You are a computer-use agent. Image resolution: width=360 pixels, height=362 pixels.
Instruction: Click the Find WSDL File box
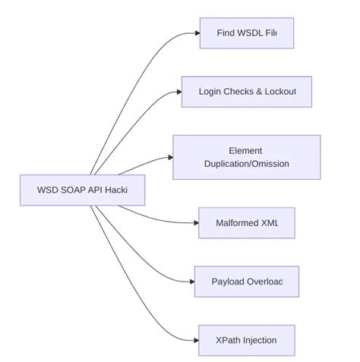point(246,33)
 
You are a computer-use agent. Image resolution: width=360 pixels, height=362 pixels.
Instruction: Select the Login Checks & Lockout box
point(246,92)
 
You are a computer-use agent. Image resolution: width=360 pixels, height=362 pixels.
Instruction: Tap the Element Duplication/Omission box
point(246,157)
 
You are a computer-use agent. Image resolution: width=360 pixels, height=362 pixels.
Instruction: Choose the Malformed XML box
point(246,223)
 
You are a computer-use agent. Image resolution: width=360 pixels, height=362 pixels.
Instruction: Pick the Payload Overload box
point(246,282)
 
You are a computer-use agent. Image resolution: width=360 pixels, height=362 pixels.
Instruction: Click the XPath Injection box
point(246,340)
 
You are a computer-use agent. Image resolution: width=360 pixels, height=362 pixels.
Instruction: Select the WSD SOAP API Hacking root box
point(82,190)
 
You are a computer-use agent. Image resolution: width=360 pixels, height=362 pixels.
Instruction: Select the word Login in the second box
point(211,92)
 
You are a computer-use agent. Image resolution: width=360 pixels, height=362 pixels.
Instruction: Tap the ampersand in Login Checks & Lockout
point(260,92)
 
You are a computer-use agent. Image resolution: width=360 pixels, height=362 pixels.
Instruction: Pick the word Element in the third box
point(245,150)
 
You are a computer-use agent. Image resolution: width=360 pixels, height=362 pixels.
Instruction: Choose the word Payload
point(228,282)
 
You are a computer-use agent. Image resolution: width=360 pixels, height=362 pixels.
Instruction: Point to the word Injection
point(258,340)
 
